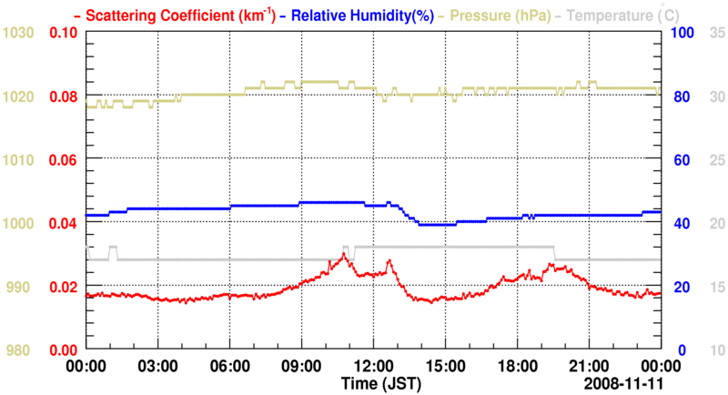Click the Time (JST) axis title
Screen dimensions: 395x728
coord(380,384)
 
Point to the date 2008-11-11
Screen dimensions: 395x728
coord(621,384)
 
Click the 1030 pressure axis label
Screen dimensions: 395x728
coord(19,33)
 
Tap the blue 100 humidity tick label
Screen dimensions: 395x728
coord(683,33)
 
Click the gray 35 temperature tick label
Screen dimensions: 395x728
coord(716,33)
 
